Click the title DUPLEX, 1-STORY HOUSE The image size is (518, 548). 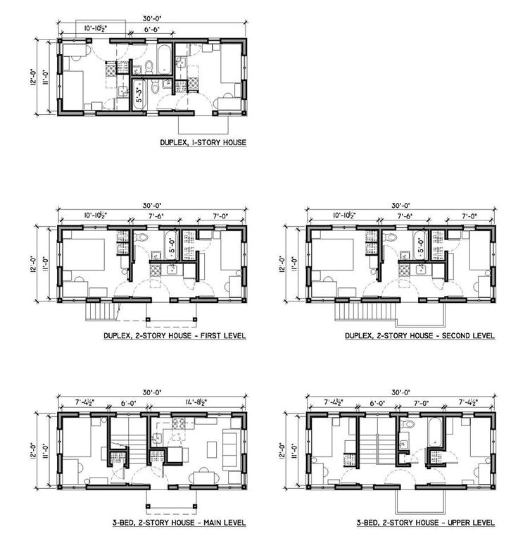[203, 144]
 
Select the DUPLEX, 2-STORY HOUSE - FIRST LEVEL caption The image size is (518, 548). [175, 336]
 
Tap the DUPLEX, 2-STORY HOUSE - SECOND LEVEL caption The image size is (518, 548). [419, 336]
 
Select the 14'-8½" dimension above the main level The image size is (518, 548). [203, 404]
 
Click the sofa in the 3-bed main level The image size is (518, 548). [230, 444]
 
